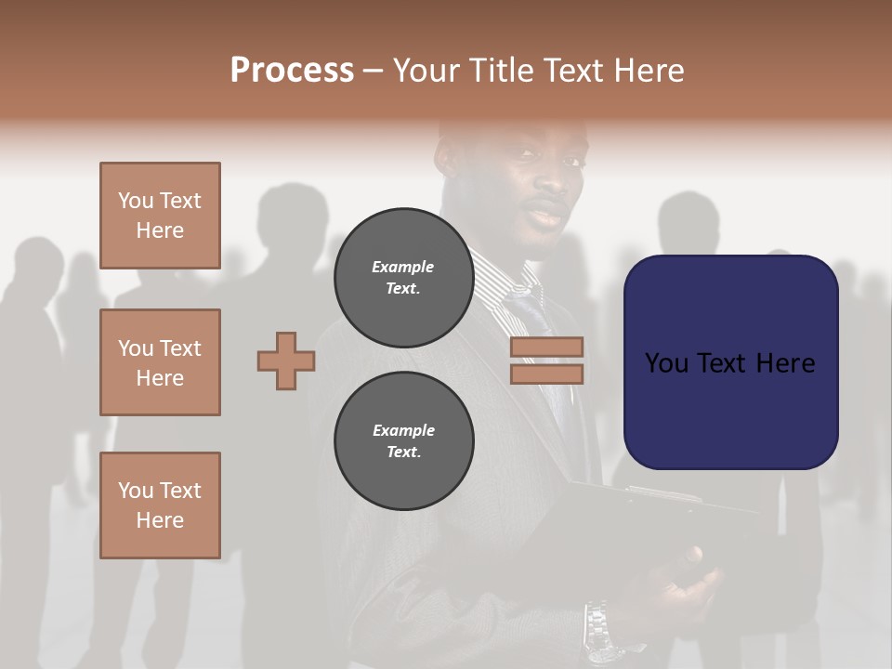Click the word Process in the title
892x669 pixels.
[x=292, y=71]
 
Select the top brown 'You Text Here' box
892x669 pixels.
[x=160, y=216]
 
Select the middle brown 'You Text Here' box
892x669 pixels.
[x=160, y=362]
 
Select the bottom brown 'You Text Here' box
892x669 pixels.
[x=160, y=505]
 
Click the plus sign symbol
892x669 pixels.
[x=286, y=361]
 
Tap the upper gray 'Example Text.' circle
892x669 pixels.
[x=403, y=278]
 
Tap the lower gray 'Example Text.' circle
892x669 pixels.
[x=403, y=441]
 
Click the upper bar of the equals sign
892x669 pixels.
[x=546, y=347]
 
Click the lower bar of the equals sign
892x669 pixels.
[x=546, y=374]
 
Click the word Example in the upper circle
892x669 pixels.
[x=403, y=268]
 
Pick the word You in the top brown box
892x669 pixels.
[x=135, y=201]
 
